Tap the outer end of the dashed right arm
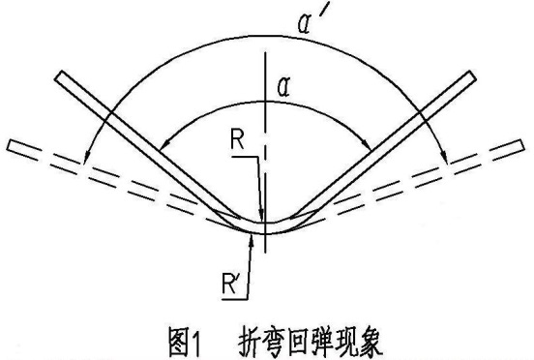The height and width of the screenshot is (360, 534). tap(522, 145)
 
